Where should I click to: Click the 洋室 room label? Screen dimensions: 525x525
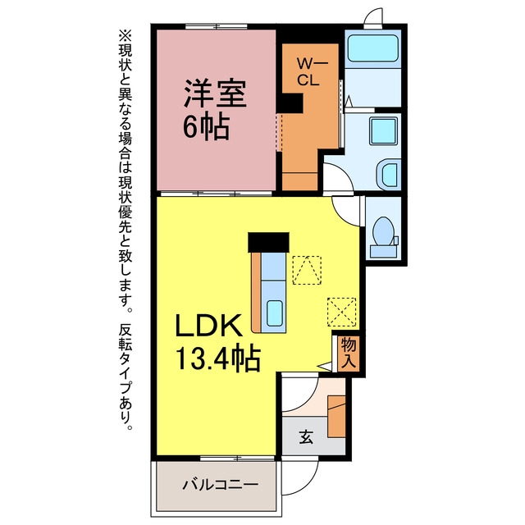click(x=215, y=93)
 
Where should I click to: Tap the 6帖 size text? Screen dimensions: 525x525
click(x=206, y=127)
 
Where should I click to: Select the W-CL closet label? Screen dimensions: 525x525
click(x=308, y=71)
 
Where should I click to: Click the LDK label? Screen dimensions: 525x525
click(x=208, y=325)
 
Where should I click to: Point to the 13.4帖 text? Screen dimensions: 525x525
click(x=218, y=358)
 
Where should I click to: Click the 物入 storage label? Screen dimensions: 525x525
click(x=349, y=354)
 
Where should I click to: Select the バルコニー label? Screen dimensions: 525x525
click(x=221, y=485)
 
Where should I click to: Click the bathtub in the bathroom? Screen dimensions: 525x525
click(x=372, y=48)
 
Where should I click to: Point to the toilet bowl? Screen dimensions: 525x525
click(x=383, y=231)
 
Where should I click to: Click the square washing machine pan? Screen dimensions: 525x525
click(x=383, y=130)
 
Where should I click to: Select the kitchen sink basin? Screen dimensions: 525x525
click(x=275, y=313)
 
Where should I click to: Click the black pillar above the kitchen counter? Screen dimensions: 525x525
click(x=268, y=242)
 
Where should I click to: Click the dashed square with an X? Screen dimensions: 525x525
click(x=341, y=312)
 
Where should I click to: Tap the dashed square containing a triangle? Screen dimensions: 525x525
click(x=307, y=270)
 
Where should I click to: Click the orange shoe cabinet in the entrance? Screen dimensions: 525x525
click(x=336, y=417)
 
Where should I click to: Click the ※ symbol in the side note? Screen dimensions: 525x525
click(x=126, y=36)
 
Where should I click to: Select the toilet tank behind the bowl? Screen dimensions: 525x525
click(x=383, y=251)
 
